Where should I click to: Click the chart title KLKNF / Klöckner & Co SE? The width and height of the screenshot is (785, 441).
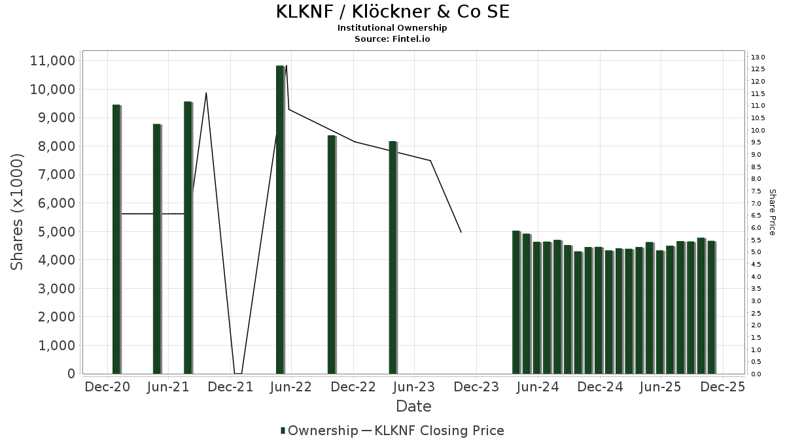coord(392,12)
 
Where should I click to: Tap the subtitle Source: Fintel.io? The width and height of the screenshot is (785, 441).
coord(392,39)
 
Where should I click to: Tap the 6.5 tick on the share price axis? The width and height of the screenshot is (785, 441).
coord(757,216)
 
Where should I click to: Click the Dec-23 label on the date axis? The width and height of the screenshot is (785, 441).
coord(476,387)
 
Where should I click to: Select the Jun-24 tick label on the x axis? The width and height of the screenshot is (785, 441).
coord(538,387)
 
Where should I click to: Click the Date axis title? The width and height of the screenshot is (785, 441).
coord(413,406)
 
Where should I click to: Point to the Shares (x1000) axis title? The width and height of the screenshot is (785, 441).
coord(17,212)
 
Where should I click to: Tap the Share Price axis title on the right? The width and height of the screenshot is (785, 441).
coord(772,212)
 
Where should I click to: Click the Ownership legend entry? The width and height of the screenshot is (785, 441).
coord(319,431)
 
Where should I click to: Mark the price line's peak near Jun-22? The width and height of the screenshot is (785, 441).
coord(287,65)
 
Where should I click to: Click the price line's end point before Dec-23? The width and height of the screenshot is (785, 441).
coord(461,232)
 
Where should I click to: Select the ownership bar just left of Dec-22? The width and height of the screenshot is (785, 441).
coord(332,254)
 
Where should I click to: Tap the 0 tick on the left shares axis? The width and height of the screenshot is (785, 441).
coord(70,374)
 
